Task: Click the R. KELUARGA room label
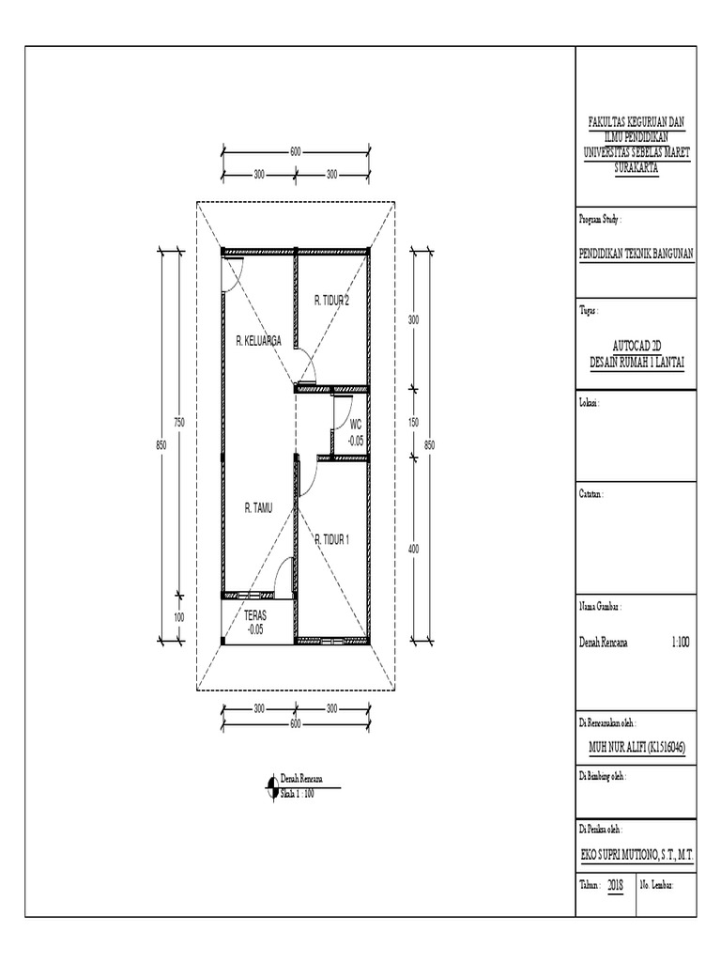click(259, 340)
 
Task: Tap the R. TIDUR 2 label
click(331, 301)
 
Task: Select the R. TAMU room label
click(258, 508)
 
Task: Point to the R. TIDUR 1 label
click(331, 540)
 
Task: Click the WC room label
click(356, 424)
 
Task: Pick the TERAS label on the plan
click(255, 615)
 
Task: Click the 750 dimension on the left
click(179, 422)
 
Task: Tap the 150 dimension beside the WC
click(414, 422)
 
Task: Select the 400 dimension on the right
click(414, 549)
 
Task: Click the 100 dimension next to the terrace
click(179, 618)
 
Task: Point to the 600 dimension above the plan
click(296, 152)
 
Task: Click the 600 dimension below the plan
click(296, 724)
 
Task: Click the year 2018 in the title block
click(616, 885)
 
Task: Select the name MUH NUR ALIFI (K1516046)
click(637, 747)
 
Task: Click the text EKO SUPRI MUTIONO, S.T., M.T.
click(637, 855)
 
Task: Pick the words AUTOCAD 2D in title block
click(637, 346)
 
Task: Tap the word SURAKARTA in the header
click(637, 167)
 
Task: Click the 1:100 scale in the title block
click(680, 643)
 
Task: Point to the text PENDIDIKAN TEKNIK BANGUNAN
click(637, 254)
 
